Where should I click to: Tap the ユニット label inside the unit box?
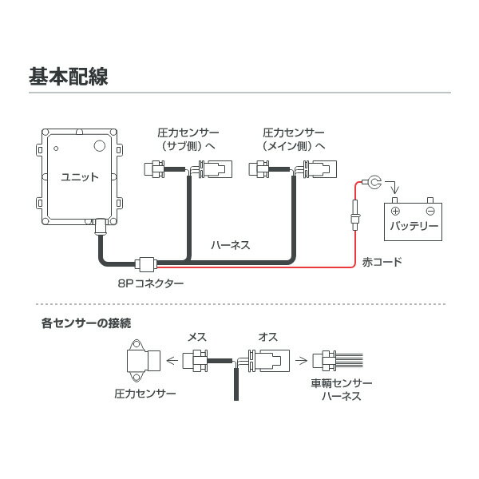(80, 177)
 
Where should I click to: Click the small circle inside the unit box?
(100, 146)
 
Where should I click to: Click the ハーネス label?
(231, 245)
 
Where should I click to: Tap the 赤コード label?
(382, 262)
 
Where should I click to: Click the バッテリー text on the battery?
(414, 226)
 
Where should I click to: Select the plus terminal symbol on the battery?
(397, 211)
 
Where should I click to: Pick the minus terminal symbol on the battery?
(430, 211)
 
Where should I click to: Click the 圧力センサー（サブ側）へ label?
(189, 139)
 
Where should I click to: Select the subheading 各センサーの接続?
(86, 323)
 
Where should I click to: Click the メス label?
(196, 338)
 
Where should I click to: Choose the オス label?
(268, 338)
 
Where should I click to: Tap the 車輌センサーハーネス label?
(341, 390)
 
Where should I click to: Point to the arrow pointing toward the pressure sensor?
(173, 361)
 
